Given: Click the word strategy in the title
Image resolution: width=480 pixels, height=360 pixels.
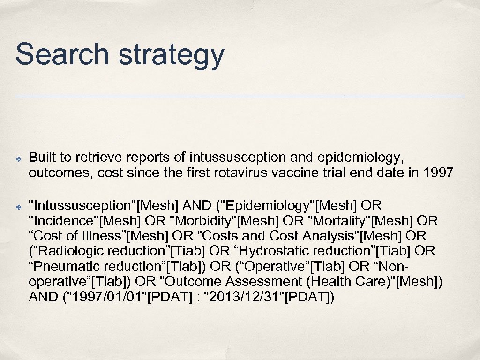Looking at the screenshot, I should point(171,55).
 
